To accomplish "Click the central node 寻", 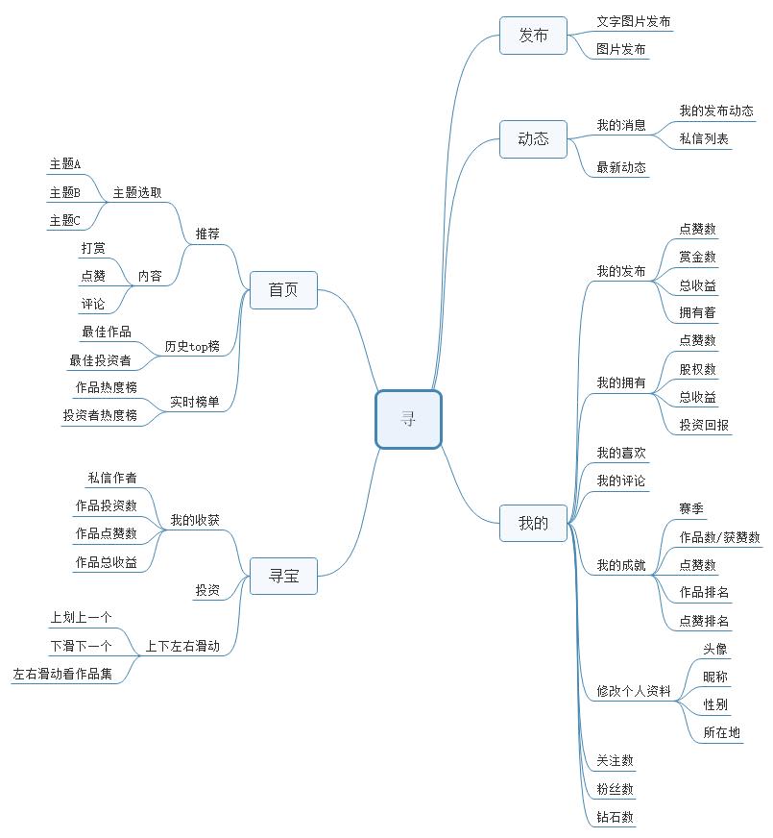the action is pos(408,419).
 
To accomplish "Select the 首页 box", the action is pos(283,290).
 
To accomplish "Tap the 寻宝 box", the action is pos(283,577).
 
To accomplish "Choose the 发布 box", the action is pos(533,36).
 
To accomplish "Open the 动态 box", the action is pos(533,139).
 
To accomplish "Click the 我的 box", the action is pos(533,523).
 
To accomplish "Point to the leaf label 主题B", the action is pos(65,192).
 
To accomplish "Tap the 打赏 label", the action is pos(93,249).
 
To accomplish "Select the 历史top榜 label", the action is pos(192,346).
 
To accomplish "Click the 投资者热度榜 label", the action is pos(101,415).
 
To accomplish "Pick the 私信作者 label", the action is pos(112,478).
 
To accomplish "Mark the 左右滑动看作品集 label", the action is pos(63,674).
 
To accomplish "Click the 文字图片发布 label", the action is pos(634,21).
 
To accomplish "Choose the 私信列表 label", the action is pos(704,139).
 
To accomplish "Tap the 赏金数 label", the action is pos(698,257).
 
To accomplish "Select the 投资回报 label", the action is pos(704,425).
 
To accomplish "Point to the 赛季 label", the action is pos(691,508).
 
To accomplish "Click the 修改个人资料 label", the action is pos(634,691).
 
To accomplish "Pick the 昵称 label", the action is pos(715,678).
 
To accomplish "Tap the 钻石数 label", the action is pos(615,817).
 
